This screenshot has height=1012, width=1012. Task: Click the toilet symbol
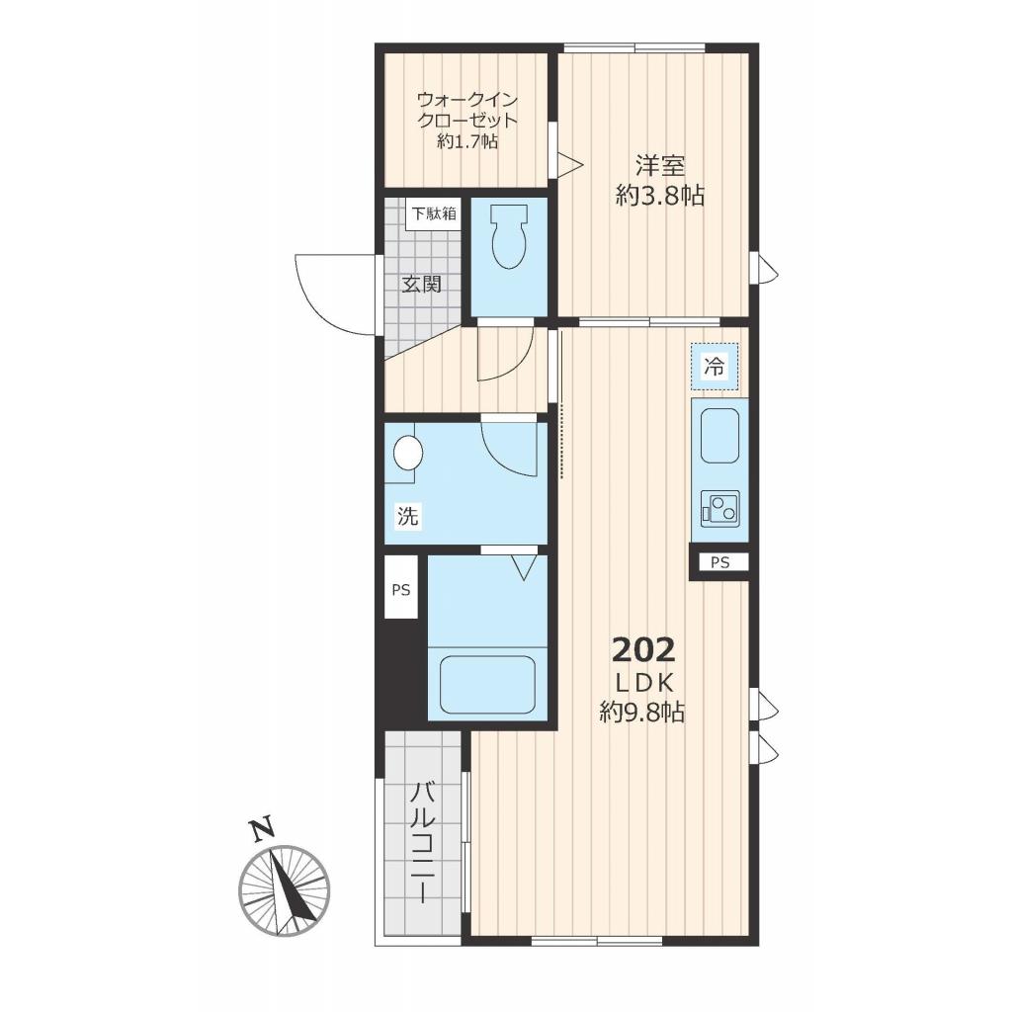click(x=509, y=236)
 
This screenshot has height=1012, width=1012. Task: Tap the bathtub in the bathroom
click(x=487, y=685)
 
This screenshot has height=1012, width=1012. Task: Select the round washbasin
click(x=408, y=453)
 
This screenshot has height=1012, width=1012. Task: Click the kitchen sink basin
click(x=719, y=436)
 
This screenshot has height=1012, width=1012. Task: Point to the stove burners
click(x=720, y=508)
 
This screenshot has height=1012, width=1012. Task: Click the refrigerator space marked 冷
click(x=715, y=367)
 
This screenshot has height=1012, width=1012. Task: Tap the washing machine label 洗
click(x=407, y=516)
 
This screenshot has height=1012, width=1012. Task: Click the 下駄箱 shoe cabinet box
click(x=434, y=213)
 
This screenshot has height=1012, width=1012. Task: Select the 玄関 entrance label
click(x=421, y=284)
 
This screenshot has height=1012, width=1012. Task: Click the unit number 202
click(x=643, y=650)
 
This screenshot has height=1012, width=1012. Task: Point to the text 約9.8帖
click(x=642, y=712)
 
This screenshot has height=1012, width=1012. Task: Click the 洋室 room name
click(x=659, y=166)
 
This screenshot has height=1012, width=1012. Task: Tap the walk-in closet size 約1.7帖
click(x=467, y=141)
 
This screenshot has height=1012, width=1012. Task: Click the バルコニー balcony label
click(x=423, y=843)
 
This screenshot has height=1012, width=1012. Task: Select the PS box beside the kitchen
click(x=719, y=562)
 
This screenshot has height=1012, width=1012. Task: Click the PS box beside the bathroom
click(x=401, y=589)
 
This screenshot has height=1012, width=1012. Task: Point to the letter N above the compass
click(x=261, y=830)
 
